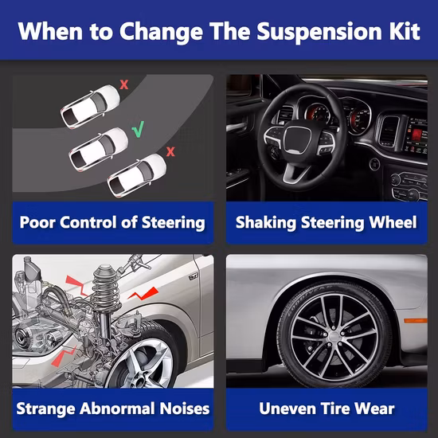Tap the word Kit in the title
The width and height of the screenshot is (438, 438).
pos(405,30)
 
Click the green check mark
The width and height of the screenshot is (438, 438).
pos(138,129)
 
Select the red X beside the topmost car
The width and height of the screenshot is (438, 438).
pos(124,84)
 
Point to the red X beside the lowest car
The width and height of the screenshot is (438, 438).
pos(170,151)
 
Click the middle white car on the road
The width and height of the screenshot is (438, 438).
pos(99,149)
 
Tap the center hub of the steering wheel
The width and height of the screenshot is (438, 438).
pos(298,139)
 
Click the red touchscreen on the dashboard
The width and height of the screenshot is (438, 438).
pos(416,135)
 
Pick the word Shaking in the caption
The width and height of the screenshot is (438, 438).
pos(266,223)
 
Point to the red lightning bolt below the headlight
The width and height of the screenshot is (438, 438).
pos(64,357)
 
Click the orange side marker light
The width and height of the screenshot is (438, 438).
pos(416,320)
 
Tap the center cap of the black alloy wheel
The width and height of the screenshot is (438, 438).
pos(334,336)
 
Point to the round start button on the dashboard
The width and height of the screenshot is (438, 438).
pos(374,164)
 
